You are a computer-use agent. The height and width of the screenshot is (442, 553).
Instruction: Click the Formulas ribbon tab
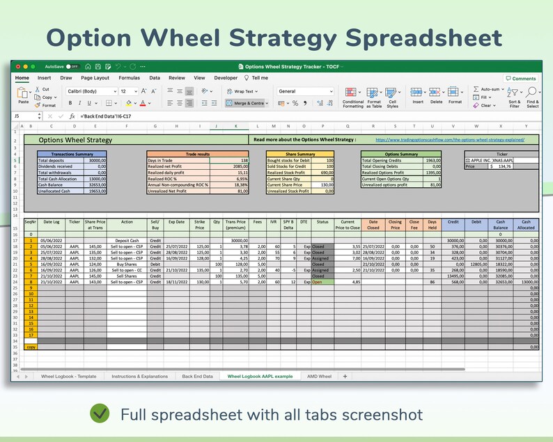pyautogui.click(x=129, y=78)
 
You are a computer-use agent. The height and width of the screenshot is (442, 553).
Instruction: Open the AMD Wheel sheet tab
pyautogui.click(x=319, y=376)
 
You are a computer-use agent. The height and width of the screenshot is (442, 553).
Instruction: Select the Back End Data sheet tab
pyautogui.click(x=198, y=376)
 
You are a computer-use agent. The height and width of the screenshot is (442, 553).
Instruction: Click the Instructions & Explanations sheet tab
pyautogui.click(x=139, y=376)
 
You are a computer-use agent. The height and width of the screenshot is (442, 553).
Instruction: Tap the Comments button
pyautogui.click(x=521, y=79)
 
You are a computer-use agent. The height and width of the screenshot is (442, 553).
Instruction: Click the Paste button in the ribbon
pyautogui.click(x=24, y=95)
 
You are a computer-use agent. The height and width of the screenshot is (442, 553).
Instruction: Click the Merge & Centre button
pyautogui.click(x=246, y=103)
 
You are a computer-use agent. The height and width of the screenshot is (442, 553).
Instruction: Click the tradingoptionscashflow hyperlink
pyautogui.click(x=450, y=139)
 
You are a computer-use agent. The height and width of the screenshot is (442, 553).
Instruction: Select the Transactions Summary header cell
pyautogui.click(x=71, y=155)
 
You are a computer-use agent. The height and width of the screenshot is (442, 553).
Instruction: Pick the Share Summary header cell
pyautogui.click(x=300, y=155)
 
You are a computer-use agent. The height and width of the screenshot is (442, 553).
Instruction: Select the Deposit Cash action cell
pyautogui.click(x=127, y=240)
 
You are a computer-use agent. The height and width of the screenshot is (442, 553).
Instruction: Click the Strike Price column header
pyautogui.click(x=200, y=224)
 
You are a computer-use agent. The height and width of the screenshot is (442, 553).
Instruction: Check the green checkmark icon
pyautogui.click(x=100, y=414)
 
